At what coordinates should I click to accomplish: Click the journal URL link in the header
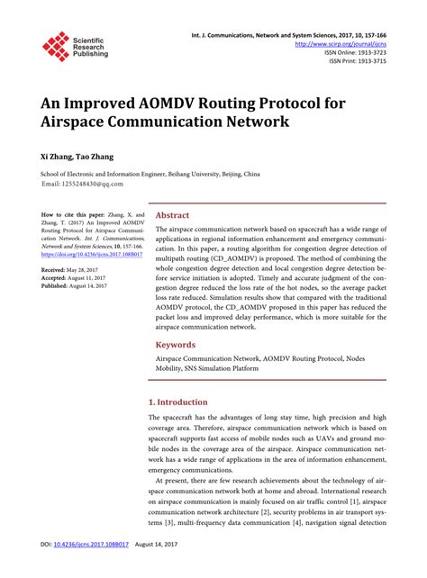tap(347, 43)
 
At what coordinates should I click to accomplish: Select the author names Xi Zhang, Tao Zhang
tap(77, 157)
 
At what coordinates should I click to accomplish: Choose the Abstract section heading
tap(173, 216)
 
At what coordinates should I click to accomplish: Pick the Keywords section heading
tap(177, 344)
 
